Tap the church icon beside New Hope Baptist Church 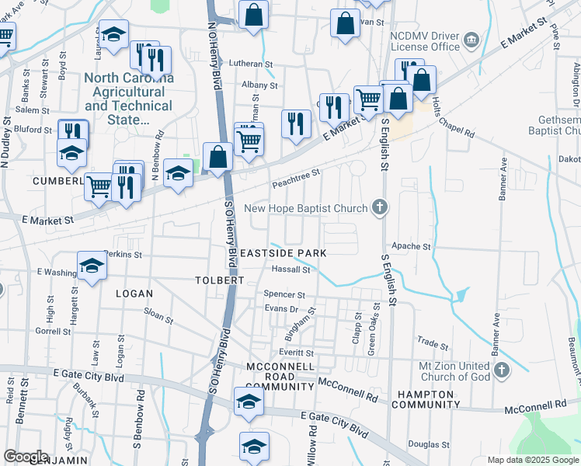tap(379, 207)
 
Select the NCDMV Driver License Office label tap(425, 40)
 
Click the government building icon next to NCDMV tap(471, 40)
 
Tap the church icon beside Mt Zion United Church tap(501, 370)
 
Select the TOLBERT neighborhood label tap(220, 280)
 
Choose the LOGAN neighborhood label tap(134, 293)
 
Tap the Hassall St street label tap(291, 270)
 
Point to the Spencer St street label tap(284, 295)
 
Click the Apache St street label tap(412, 246)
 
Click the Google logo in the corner tap(26, 457)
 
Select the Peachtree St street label tap(296, 179)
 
